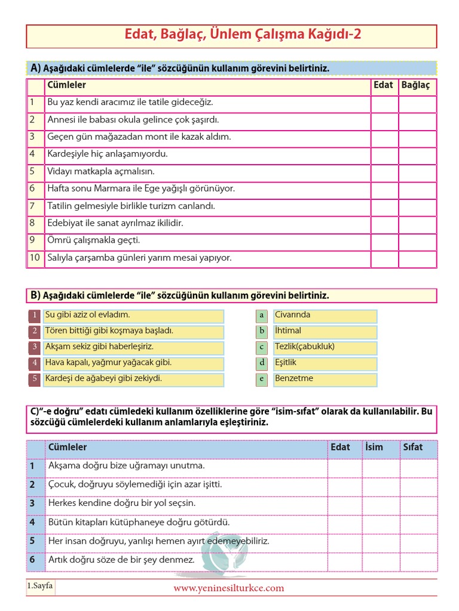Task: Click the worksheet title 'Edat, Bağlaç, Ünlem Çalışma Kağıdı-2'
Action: point(242,35)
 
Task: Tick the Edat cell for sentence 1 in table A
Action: point(384,103)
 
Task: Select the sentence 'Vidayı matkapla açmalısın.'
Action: point(101,172)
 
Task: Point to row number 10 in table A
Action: point(35,258)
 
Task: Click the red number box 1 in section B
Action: point(35,316)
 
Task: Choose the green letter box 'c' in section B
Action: point(261,347)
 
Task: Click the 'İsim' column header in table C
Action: point(374,448)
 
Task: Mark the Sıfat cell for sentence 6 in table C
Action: point(418,560)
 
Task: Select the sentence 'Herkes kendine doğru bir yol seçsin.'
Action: point(122,504)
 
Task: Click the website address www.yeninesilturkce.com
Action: point(229,588)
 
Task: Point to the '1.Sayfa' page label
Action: point(40,586)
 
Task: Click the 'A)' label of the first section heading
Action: point(35,69)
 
